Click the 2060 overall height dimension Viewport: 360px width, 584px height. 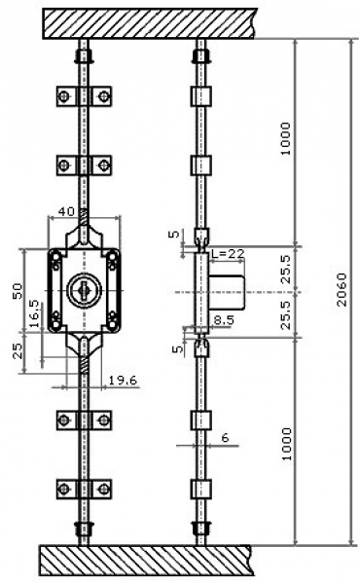click(342, 289)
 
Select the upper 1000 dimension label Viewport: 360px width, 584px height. click(285, 138)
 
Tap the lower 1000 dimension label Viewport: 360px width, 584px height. click(286, 444)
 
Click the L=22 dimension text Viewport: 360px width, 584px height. click(228, 254)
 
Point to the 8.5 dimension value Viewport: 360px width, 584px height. click(224, 320)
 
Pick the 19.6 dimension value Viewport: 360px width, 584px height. click(123, 381)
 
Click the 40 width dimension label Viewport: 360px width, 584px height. click(66, 211)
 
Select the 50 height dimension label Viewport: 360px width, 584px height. click(18, 291)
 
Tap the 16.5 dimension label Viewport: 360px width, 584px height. click(34, 313)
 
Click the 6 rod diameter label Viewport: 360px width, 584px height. click(225, 438)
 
